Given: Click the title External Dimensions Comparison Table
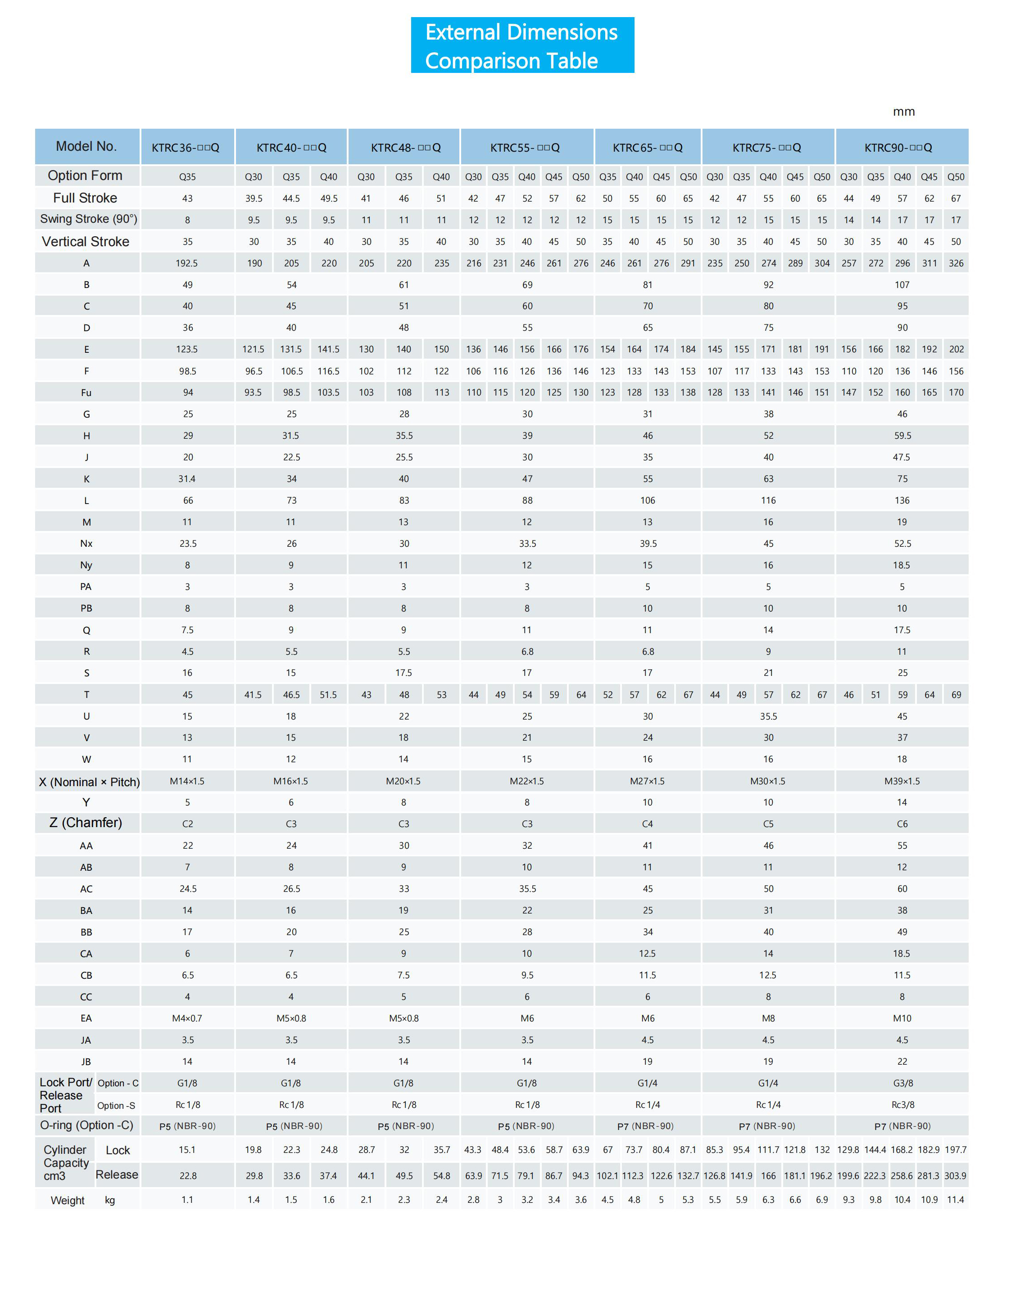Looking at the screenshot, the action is (522, 46).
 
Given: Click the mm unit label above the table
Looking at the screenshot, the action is (903, 112).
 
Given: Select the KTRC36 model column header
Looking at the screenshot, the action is (186, 148).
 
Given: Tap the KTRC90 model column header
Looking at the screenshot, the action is (898, 148).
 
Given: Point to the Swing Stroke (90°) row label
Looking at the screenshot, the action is (88, 219).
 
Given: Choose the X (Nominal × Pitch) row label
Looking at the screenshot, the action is (90, 782).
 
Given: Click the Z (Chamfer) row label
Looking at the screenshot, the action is (86, 823).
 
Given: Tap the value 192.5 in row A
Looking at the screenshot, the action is (187, 263).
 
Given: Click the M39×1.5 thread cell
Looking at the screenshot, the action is (902, 781).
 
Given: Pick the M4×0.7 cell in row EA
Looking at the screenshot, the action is (187, 1018).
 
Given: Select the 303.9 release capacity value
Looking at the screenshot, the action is (956, 1176).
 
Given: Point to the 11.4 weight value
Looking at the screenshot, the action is (956, 1200).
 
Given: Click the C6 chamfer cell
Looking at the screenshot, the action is (902, 824).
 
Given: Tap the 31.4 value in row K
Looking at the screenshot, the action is (187, 479).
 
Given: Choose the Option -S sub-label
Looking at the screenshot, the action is (117, 1106).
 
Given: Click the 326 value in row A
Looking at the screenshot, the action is (956, 263).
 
